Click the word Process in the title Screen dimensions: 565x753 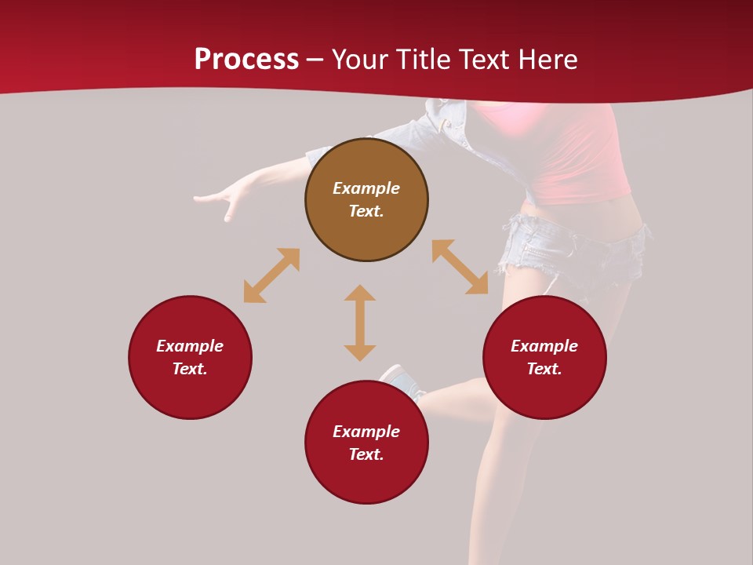pos(246,60)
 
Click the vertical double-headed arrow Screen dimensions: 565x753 pos(360,323)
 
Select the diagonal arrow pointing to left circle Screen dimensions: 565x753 pos(271,275)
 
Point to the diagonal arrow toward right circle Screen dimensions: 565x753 pos(460,268)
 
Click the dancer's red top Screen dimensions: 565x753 pos(580,157)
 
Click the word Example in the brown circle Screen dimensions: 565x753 pos(366,188)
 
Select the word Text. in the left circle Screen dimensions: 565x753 pos(190,369)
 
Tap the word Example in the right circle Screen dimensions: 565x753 pos(544,346)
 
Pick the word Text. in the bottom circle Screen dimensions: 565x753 pos(366,454)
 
